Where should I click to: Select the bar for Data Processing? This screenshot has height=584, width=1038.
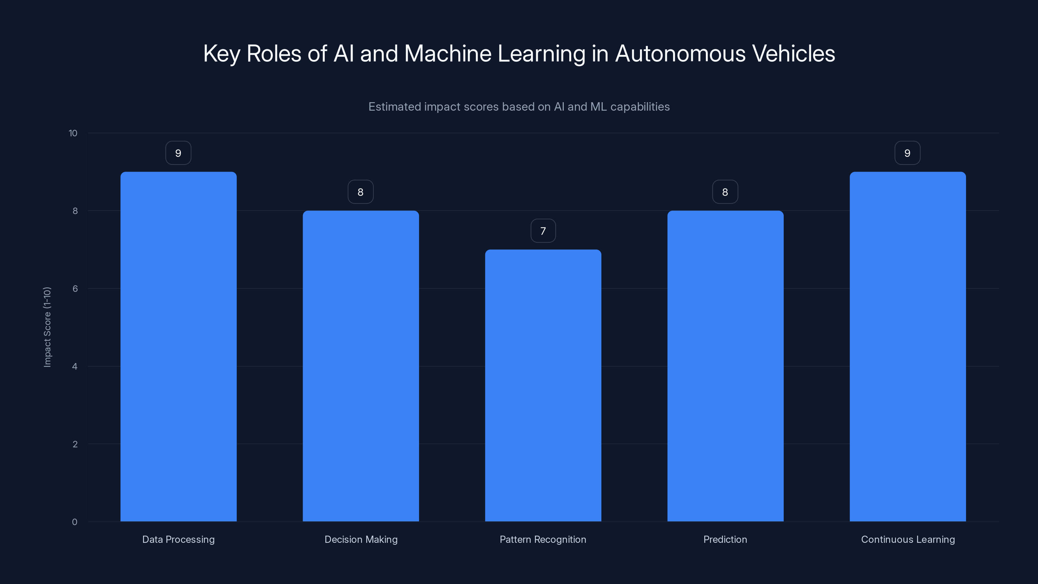178,347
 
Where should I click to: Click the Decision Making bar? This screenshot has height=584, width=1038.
361,366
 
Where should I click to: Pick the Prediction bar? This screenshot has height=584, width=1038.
725,366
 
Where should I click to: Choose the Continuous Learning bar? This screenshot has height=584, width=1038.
908,347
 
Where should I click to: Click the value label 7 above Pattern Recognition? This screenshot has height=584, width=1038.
543,231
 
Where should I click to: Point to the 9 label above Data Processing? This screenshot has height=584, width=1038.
178,153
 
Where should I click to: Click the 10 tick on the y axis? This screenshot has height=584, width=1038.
73,133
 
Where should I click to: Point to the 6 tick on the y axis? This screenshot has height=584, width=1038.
75,288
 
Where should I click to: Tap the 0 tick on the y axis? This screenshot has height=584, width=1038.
75,522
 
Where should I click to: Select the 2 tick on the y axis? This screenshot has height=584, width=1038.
75,444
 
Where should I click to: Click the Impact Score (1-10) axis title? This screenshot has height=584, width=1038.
47,327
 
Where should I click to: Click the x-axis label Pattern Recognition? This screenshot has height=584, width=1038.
543,540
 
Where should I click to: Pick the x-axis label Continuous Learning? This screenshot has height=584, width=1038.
908,540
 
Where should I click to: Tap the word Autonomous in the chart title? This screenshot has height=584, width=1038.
680,54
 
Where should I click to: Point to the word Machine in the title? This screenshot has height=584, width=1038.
448,54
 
